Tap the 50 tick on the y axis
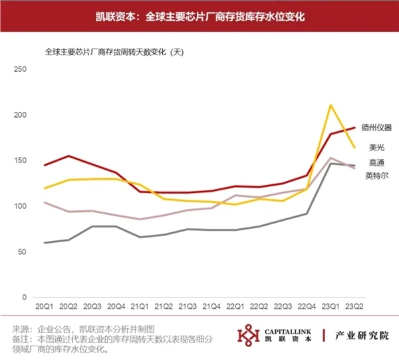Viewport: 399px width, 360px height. point(21,252)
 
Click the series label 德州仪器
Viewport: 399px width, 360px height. point(376,126)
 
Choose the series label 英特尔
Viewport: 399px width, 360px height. point(376,176)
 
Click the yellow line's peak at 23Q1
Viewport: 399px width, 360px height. point(331,105)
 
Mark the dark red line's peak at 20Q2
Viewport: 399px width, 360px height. point(68,156)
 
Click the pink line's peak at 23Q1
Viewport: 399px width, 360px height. point(331,158)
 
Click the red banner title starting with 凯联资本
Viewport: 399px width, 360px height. point(199,16)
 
